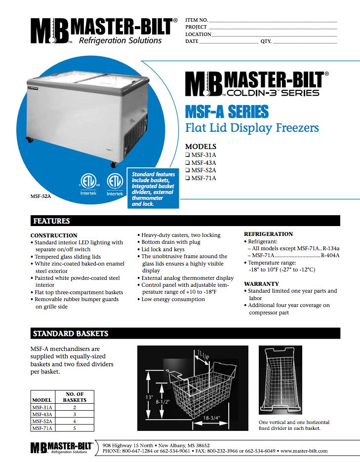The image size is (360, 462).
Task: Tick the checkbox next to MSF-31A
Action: click(x=188, y=154)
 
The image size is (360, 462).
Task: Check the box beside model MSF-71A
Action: click(x=188, y=178)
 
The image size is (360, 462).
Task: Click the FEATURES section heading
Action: click(x=51, y=221)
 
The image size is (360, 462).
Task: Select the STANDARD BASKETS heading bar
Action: click(x=71, y=334)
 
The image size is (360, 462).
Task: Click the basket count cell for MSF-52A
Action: click(x=75, y=422)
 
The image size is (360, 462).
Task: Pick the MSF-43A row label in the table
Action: click(x=42, y=415)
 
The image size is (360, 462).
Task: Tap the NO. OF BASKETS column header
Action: click(x=75, y=397)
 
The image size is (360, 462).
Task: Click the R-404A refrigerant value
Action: click(x=330, y=256)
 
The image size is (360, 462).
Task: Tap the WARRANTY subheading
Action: click(x=262, y=284)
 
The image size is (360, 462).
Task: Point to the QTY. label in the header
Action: click(x=266, y=41)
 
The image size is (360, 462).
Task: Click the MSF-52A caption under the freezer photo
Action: click(x=41, y=196)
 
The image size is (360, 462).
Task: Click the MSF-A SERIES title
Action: click(x=227, y=112)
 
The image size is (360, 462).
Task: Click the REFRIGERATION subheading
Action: click(x=269, y=234)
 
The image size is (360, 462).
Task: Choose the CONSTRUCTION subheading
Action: click(x=54, y=235)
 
